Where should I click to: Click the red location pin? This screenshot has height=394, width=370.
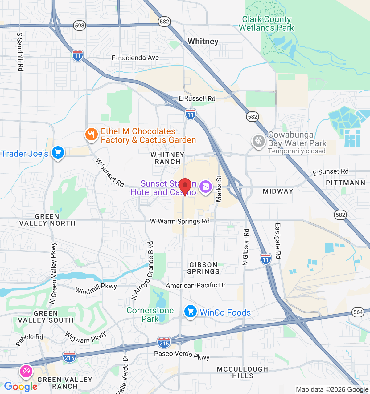coord(185,186)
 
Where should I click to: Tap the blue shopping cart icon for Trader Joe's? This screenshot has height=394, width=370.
coord(58,152)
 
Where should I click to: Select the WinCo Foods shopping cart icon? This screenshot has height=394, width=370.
coord(190,312)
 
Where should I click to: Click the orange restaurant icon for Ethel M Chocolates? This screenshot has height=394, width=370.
coord(91,135)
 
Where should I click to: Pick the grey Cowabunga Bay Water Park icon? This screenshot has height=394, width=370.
coord(258,141)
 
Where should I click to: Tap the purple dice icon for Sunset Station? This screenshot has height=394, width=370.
coord(205,187)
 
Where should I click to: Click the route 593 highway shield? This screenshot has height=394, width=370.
coord(80,26)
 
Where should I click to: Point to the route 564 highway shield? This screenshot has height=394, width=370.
coord(358,312)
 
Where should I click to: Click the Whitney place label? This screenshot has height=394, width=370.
coord(203,42)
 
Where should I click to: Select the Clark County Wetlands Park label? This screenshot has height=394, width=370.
coord(266,23)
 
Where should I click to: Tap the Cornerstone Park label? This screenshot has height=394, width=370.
coord(150,315)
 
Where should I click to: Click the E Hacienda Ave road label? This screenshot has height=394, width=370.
coord(135,58)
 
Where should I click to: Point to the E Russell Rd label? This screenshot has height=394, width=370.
coord(197,98)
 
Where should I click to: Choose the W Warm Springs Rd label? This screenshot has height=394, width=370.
coord(180,221)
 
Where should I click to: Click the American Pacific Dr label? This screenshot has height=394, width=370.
coord(196,285)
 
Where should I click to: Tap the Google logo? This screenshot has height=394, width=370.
coord(21,387)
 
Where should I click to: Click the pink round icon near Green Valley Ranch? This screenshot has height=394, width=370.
coord(26,371)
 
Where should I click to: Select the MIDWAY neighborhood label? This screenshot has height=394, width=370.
coord(278,191)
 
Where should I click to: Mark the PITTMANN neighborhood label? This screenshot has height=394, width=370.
coord(345,183)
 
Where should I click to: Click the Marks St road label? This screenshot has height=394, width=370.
coord(219,189)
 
